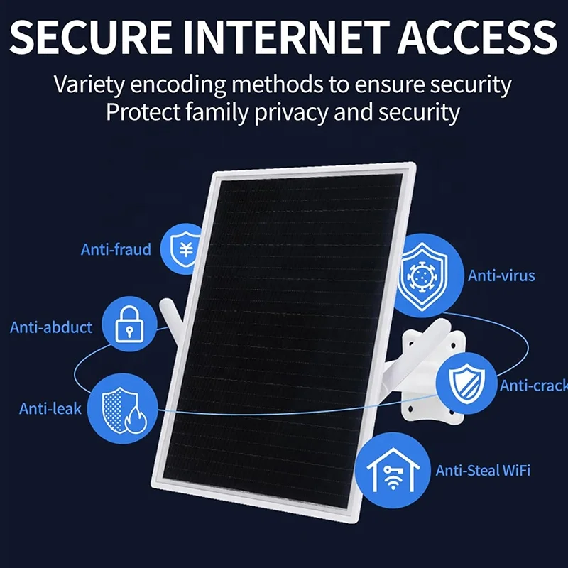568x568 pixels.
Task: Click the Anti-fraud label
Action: point(116,249)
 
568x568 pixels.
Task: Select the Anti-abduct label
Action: point(51,327)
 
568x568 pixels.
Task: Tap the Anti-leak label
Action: point(50,409)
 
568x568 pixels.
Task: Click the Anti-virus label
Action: point(501,275)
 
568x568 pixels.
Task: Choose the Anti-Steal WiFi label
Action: point(484,470)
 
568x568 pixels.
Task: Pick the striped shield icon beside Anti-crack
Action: point(466,384)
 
